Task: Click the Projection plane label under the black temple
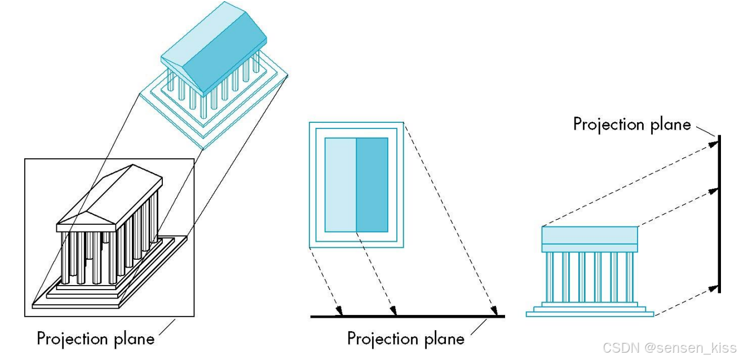(x=95, y=339)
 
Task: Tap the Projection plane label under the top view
(x=406, y=338)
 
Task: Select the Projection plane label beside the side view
(x=632, y=124)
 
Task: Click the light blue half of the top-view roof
(x=340, y=185)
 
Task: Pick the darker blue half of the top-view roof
(x=372, y=185)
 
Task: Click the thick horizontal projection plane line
(x=407, y=317)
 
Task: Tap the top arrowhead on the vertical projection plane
(x=715, y=143)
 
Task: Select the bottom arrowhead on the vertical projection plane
(x=715, y=288)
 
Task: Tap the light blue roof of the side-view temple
(x=590, y=234)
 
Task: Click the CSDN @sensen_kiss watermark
(x=669, y=348)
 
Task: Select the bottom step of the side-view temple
(x=590, y=314)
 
